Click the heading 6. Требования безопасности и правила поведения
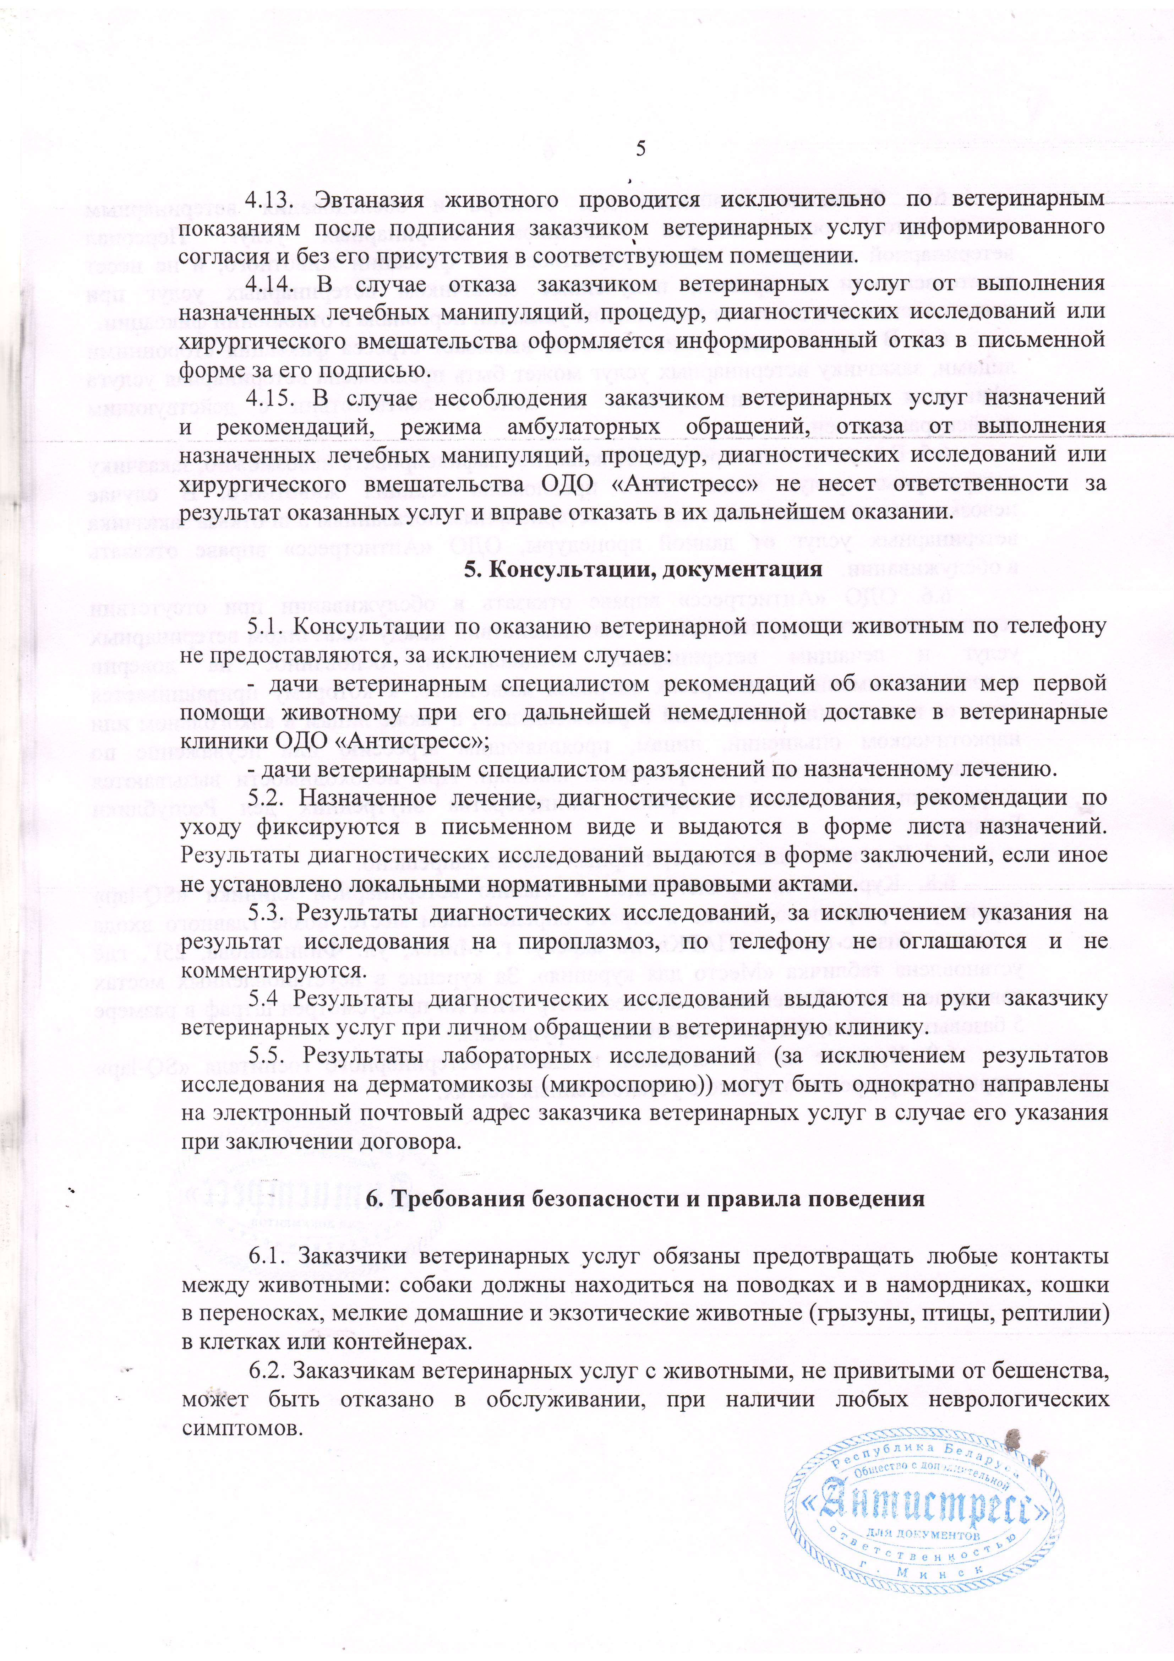[x=645, y=1199]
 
